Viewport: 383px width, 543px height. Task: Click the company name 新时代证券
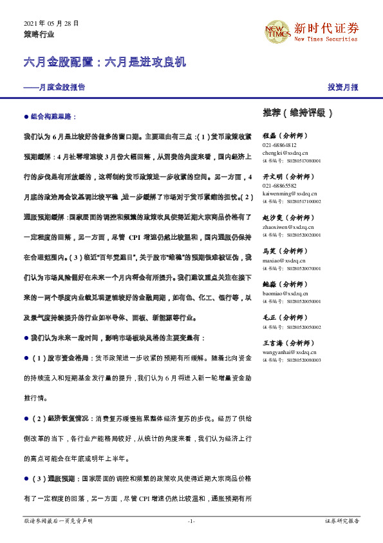pos(326,28)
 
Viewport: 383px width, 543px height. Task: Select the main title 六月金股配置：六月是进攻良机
pos(104,63)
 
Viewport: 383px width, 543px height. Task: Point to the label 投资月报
pos(342,87)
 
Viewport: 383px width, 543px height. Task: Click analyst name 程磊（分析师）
pos(286,137)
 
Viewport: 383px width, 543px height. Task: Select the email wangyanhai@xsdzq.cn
pos(291,352)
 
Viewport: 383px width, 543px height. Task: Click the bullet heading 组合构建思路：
pos(53,117)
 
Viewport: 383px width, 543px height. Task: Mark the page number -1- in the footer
pos(191,521)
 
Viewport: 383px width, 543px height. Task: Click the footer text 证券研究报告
pos(342,521)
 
